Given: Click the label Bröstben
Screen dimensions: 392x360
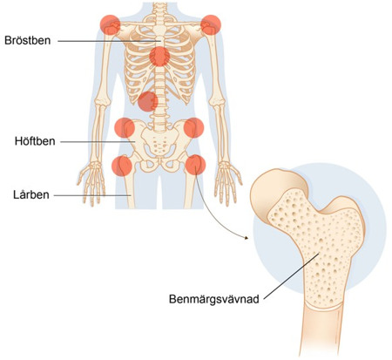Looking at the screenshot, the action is point(28,40).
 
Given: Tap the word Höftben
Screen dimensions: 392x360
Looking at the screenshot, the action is point(35,141).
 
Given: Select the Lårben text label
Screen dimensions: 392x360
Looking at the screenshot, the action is point(31,194).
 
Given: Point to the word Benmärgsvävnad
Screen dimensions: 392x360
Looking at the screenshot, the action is point(214,299).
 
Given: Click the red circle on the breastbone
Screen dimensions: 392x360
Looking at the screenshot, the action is point(159,57).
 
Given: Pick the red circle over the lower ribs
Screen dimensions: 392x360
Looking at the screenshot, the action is point(148,101).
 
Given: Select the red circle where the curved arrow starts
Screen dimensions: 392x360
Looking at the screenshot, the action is point(195,165).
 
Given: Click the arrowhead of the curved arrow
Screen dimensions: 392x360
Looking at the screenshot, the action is point(247,238).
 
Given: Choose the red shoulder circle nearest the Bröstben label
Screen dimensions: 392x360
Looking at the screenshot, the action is point(111,25).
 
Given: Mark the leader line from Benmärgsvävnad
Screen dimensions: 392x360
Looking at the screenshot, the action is point(291,276).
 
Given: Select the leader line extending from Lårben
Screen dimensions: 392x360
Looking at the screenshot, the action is point(92,195).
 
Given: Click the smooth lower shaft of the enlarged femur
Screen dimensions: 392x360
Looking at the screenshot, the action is point(320,331).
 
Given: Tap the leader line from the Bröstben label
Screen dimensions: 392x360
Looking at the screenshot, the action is point(109,41).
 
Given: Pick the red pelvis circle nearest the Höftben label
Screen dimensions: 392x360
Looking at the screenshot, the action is point(125,127).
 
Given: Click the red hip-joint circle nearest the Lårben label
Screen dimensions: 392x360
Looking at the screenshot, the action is point(122,166).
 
